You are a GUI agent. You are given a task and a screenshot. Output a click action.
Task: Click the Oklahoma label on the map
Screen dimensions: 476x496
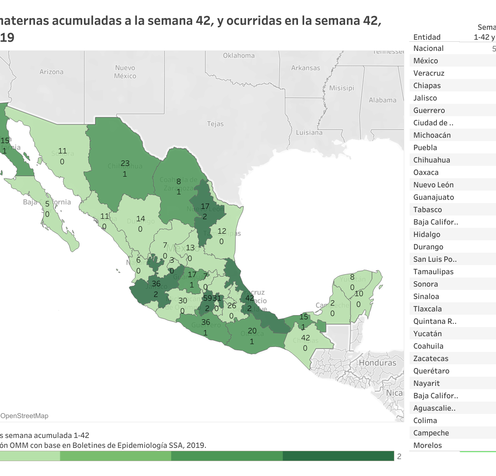(238, 55)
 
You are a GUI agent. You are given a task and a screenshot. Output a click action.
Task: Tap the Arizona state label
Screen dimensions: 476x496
(52, 72)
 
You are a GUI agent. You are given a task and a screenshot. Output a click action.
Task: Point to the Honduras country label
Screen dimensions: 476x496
(377, 363)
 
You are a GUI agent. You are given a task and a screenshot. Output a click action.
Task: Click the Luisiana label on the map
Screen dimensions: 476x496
(309, 132)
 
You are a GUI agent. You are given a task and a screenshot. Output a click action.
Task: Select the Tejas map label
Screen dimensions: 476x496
(215, 124)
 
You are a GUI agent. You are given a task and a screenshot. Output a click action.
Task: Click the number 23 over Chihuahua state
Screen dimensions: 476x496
(125, 163)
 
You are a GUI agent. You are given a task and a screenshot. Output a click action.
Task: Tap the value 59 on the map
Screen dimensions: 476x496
(207, 298)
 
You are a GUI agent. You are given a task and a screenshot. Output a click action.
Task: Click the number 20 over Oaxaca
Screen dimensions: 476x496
(252, 331)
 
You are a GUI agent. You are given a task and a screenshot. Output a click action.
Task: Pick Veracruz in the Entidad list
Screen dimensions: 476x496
(429, 73)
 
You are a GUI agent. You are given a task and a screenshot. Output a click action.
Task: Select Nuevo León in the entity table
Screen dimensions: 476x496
(433, 185)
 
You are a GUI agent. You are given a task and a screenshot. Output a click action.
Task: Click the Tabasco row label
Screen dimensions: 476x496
(427, 210)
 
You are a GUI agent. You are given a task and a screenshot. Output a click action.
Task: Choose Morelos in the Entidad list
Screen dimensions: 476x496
(427, 445)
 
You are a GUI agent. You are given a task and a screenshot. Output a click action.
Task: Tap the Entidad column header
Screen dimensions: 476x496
(427, 37)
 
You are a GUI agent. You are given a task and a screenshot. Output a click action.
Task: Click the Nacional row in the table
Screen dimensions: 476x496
(428, 48)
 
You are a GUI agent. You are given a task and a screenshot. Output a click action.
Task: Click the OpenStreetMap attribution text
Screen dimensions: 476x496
(24, 416)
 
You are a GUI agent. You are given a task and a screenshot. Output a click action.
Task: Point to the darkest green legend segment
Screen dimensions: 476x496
(338, 456)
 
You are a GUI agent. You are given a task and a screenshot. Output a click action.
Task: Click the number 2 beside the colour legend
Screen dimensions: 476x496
(399, 457)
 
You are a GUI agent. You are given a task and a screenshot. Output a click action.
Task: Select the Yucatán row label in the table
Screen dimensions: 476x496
(427, 334)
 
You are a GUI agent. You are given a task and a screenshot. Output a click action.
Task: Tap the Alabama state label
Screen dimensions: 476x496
(382, 100)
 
